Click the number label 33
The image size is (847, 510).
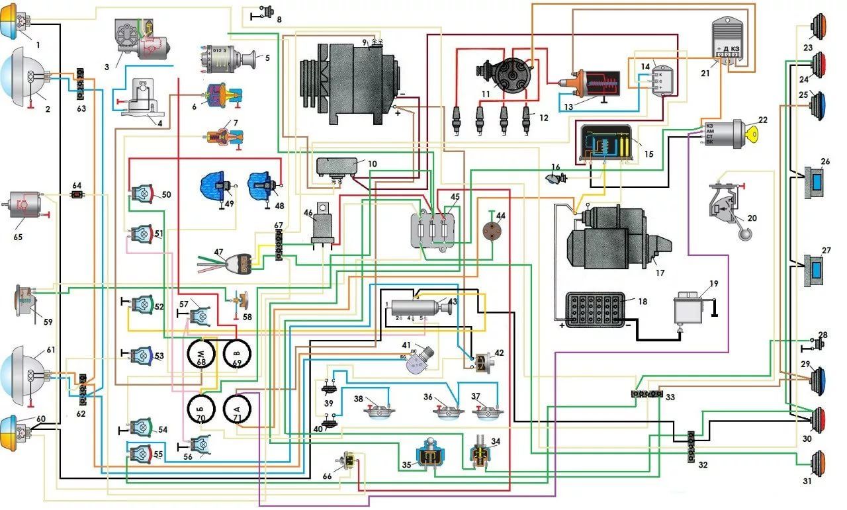point(670,398)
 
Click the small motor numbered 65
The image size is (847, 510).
point(22,205)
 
